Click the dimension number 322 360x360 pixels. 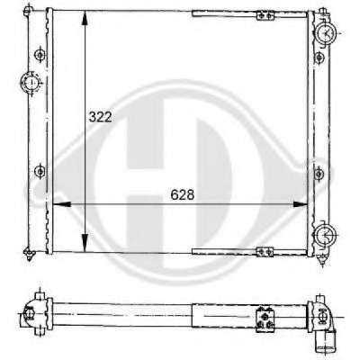pyautogui.click(x=100, y=117)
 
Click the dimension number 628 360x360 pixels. pyautogui.click(x=183, y=195)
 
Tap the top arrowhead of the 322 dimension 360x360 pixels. pyautogui.click(x=85, y=18)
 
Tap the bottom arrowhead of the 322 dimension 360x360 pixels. pyautogui.click(x=85, y=244)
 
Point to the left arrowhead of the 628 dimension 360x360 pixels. pyautogui.click(x=61, y=204)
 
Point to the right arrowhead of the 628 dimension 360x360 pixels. pyautogui.click(x=300, y=204)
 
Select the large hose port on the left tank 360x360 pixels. pyautogui.click(x=31, y=83)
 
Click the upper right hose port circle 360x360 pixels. pyautogui.click(x=325, y=32)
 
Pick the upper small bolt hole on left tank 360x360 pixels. pyautogui.click(x=40, y=55)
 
